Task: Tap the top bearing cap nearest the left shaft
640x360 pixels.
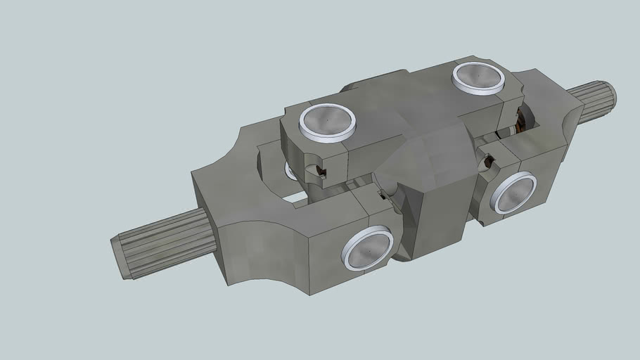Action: [x=327, y=121]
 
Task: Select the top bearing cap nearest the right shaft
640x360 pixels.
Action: [x=478, y=77]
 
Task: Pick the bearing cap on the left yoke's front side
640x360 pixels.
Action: [x=368, y=248]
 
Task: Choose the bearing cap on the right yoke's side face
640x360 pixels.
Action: [x=513, y=194]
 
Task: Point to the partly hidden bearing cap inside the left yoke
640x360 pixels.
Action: [x=289, y=171]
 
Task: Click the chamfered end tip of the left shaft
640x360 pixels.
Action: [x=120, y=257]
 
